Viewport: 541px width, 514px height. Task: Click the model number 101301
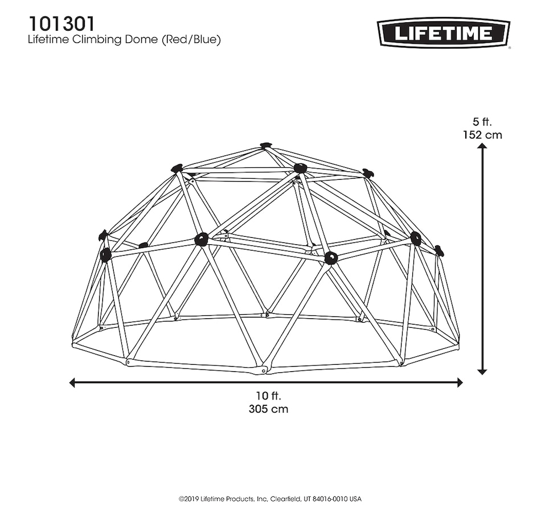[62, 24]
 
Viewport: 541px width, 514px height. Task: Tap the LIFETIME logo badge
[444, 33]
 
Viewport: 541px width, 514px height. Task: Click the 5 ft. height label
[482, 122]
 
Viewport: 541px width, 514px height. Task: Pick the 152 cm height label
[482, 134]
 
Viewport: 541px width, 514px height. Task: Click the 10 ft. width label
[268, 396]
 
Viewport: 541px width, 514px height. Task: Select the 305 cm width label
[268, 409]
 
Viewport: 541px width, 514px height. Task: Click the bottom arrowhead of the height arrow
[482, 372]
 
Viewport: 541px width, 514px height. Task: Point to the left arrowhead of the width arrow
[72, 383]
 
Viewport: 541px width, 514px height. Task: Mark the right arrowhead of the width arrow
[460, 383]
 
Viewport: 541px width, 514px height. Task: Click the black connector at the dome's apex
[265, 145]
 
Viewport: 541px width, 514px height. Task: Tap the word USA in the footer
[356, 499]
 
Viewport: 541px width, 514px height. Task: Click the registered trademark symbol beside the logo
[509, 48]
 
